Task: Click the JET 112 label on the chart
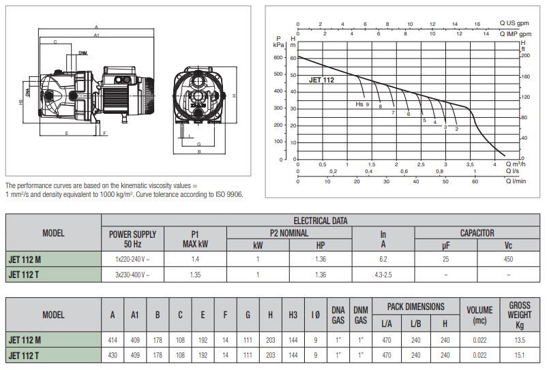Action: [321, 80]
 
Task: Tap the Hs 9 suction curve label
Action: [362, 104]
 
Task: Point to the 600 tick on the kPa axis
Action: [278, 57]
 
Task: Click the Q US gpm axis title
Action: [514, 23]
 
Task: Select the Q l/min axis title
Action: [516, 181]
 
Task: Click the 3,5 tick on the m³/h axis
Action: [470, 164]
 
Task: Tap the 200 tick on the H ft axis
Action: [525, 55]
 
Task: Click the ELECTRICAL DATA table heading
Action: [321, 221]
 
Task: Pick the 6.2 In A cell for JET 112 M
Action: [383, 259]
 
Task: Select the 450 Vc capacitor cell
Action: [508, 259]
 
